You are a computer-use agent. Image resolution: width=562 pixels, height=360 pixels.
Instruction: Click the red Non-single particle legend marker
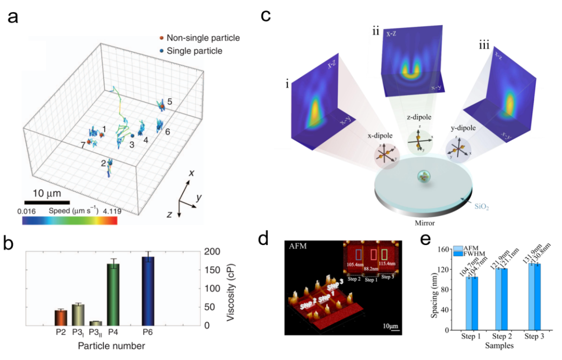[162, 38]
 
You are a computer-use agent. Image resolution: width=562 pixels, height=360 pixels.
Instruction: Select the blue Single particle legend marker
[162, 50]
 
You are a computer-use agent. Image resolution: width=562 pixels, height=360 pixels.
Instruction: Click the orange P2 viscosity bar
[61, 317]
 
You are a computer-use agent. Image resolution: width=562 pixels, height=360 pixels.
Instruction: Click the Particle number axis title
[111, 345]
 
